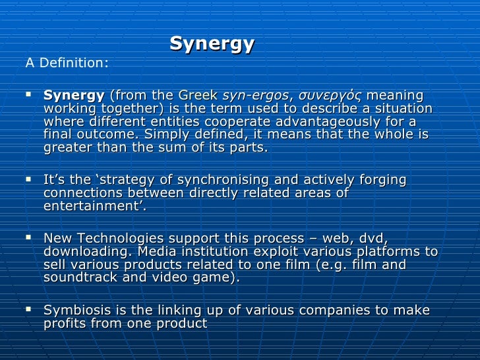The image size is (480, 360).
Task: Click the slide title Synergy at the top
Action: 212,44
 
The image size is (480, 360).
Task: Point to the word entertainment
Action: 92,206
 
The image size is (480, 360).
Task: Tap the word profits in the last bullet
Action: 65,323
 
